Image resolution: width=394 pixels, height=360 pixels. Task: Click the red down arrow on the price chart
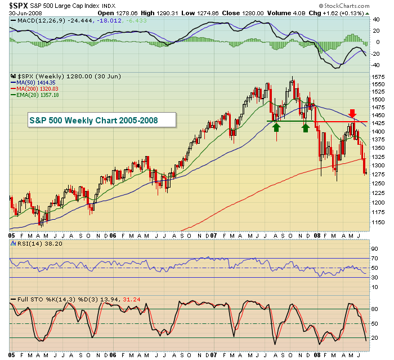[x=352, y=114]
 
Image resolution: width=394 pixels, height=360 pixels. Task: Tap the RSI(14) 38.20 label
[x=31, y=243]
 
